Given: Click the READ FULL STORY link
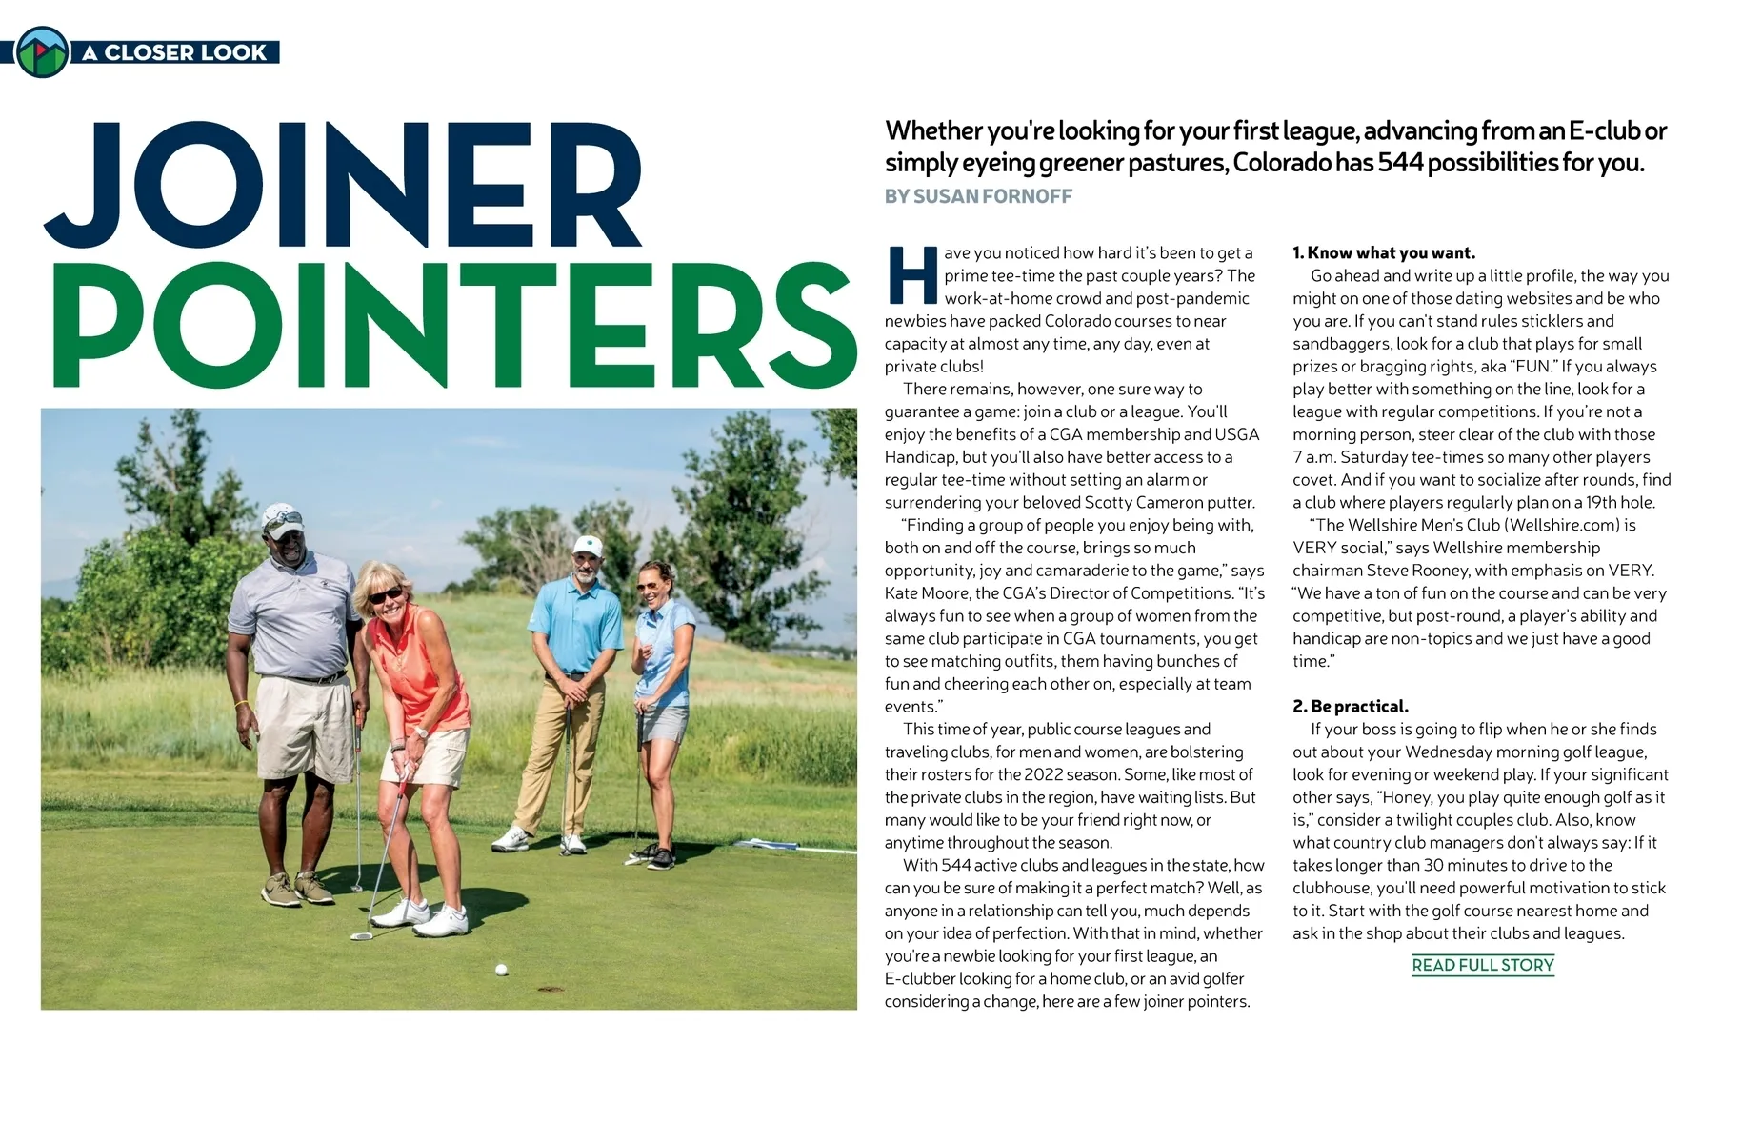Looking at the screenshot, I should (1482, 965).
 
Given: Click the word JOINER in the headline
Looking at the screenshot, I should (343, 186).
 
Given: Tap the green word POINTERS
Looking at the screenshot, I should (452, 324).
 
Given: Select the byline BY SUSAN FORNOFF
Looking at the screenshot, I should (978, 196).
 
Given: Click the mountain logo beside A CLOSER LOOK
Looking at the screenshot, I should (42, 51).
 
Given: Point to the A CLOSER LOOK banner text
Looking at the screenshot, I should (174, 52).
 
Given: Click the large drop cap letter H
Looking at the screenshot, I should (911, 275).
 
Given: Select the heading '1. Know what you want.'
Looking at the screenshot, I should (1383, 252).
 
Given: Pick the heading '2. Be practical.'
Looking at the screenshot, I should (1350, 706).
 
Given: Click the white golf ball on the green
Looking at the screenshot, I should (501, 970).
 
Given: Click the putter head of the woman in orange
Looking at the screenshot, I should (361, 936).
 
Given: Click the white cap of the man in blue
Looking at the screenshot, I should (588, 545).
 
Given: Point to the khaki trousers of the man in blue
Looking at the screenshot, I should (555, 752).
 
